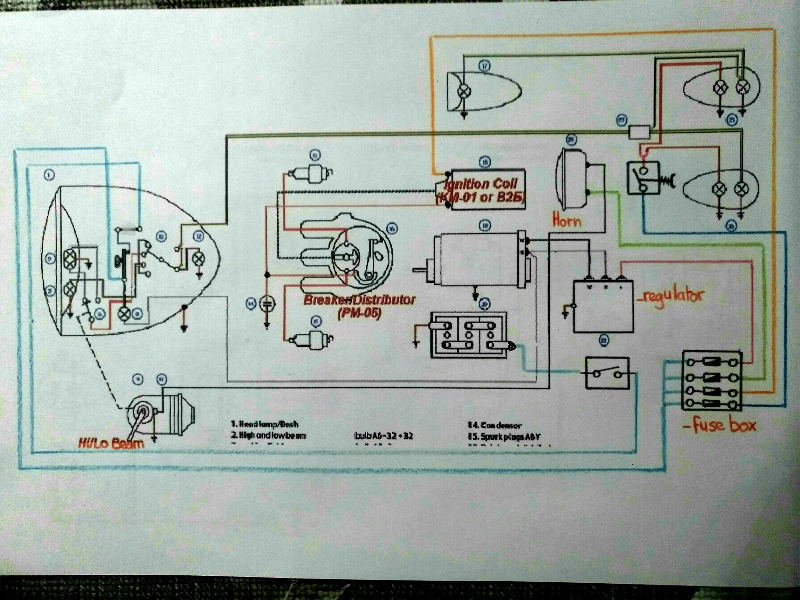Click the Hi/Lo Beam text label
pyautogui.click(x=112, y=442)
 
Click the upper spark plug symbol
pyautogui.click(x=317, y=175)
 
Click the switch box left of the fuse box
pyautogui.click(x=607, y=373)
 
